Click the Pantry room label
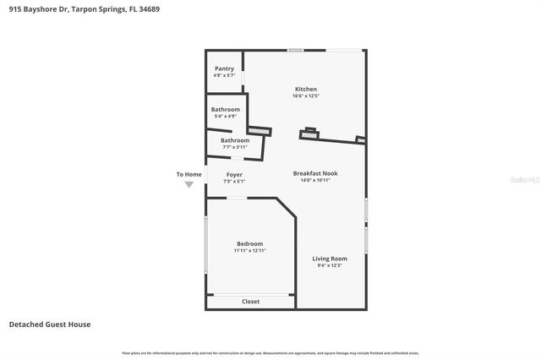pyautogui.click(x=224, y=68)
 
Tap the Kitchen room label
pyautogui.click(x=305, y=89)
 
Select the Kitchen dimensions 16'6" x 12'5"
pyautogui.click(x=305, y=96)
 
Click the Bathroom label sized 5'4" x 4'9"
pyautogui.click(x=226, y=109)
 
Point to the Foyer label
pyautogui.click(x=234, y=174)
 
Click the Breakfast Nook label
pyautogui.click(x=315, y=173)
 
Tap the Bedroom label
pyautogui.click(x=249, y=243)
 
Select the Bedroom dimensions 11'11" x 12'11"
pyautogui.click(x=249, y=251)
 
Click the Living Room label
pyautogui.click(x=330, y=258)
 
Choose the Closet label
pyautogui.click(x=251, y=302)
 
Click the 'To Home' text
pyautogui.click(x=189, y=174)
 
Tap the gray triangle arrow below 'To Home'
pyautogui.click(x=189, y=183)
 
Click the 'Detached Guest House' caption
pyautogui.click(x=50, y=325)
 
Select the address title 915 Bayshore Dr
pyautogui.click(x=84, y=9)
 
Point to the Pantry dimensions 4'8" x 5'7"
pyautogui.click(x=224, y=76)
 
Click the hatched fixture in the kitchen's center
pyautogui.click(x=309, y=134)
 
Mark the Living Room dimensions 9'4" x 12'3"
pyautogui.click(x=330, y=265)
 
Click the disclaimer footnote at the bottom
pyautogui.click(x=270, y=352)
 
